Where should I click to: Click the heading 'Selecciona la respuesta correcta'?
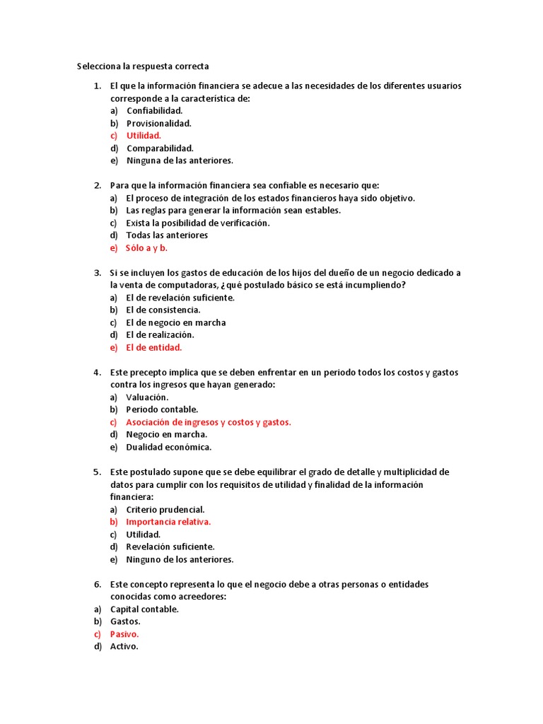(143, 66)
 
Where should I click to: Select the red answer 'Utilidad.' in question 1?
(144, 136)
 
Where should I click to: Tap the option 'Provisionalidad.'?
(158, 123)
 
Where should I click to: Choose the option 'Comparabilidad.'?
(160, 148)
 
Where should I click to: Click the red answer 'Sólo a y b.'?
(146, 248)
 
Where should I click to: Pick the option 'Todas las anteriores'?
(167, 235)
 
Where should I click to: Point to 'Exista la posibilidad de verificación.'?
(197, 223)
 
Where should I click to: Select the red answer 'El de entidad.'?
(153, 348)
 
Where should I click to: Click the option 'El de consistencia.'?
(163, 310)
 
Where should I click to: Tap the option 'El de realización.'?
(160, 335)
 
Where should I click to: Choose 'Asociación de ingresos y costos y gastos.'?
(208, 422)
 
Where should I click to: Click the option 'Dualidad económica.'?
(168, 447)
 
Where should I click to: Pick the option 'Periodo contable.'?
(162, 409)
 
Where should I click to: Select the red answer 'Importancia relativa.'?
(168, 522)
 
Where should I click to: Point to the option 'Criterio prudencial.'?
(165, 509)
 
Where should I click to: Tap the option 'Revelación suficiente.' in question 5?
(170, 547)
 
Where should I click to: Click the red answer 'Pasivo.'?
(124, 634)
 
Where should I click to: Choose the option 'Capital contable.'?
(144, 609)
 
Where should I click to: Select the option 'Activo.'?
(124, 646)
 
